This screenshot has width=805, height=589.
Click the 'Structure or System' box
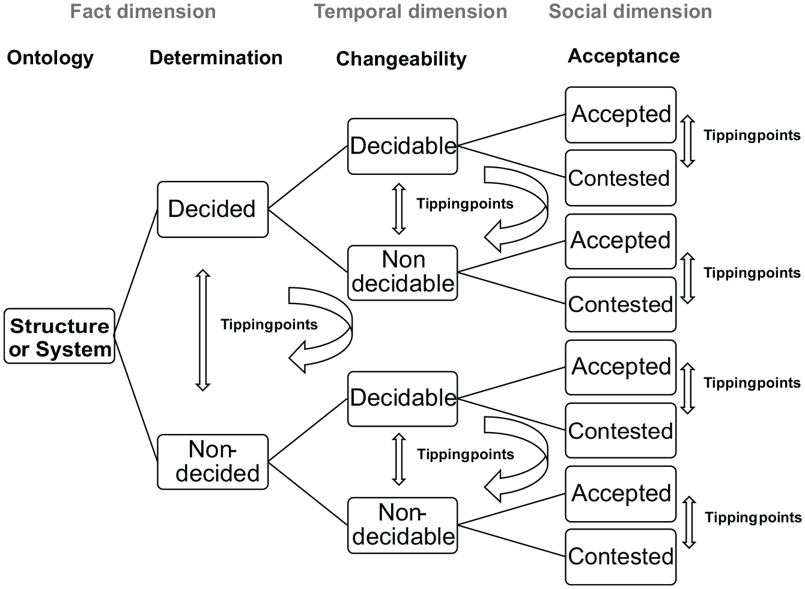tap(59, 336)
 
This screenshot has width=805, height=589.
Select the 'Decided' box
tap(213, 209)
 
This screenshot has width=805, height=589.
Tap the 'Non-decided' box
tap(213, 462)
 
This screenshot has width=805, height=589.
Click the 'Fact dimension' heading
tap(143, 11)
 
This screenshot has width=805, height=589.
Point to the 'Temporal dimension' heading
tap(410, 11)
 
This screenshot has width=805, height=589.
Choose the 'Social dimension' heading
tap(630, 11)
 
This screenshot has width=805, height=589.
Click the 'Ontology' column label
tap(50, 58)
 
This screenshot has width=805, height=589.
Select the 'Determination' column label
tap(216, 58)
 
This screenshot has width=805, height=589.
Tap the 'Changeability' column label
tap(401, 60)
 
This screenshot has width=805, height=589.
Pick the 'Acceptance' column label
tap(624, 56)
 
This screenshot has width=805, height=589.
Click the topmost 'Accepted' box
tap(621, 115)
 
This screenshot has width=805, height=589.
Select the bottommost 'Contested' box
tap(621, 557)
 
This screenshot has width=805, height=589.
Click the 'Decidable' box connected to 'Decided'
tap(402, 147)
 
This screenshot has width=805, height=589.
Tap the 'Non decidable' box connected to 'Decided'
tap(402, 273)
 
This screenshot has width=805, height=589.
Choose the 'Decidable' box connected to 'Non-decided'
tap(402, 399)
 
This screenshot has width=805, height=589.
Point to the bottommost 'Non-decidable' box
tap(402, 525)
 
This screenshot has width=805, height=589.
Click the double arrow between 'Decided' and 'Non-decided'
tap(202, 330)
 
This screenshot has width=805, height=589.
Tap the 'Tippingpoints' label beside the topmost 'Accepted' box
tap(752, 136)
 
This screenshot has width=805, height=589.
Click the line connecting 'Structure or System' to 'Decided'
tap(136, 272)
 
